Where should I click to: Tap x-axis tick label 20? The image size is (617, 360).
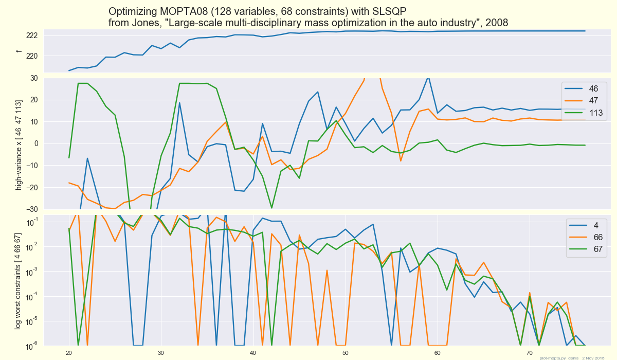click(69, 353)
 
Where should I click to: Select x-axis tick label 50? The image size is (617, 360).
click(345, 353)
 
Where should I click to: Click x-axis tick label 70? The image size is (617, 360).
click(529, 353)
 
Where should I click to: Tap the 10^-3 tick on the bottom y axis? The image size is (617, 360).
click(31, 271)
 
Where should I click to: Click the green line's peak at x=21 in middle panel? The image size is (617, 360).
click(78, 83)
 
